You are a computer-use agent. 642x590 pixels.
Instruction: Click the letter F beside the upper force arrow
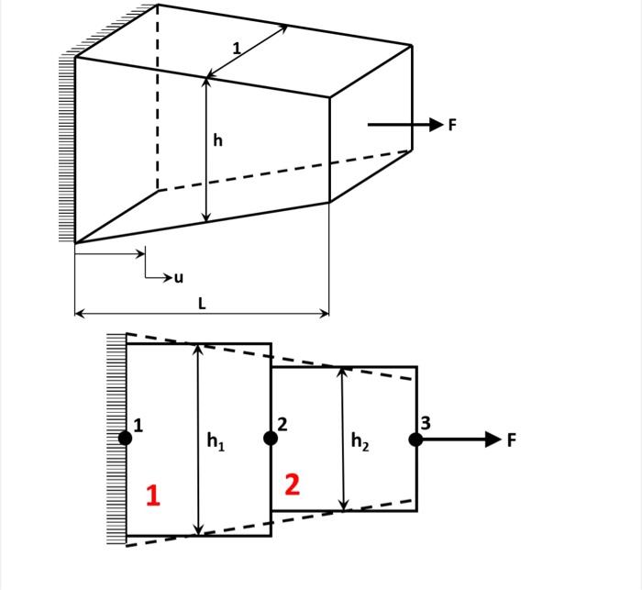point(451,126)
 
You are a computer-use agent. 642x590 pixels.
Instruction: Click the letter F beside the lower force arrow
point(512,440)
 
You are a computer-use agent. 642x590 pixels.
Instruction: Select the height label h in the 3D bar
point(217,140)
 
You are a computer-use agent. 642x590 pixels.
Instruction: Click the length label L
point(202,302)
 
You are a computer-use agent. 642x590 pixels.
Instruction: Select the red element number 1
point(153,495)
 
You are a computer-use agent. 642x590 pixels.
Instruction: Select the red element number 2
point(292,484)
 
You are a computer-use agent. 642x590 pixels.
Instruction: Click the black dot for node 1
point(125,439)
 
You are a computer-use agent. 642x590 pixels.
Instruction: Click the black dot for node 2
point(271,439)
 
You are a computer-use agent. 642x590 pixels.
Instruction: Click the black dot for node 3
point(415,440)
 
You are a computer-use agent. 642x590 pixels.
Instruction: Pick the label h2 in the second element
point(360,442)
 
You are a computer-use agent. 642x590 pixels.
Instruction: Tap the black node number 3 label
point(425,423)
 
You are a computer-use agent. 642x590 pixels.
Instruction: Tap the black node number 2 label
point(282,424)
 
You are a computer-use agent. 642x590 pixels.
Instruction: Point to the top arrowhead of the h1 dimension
point(198,349)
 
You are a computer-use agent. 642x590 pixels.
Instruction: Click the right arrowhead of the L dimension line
point(324,314)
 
